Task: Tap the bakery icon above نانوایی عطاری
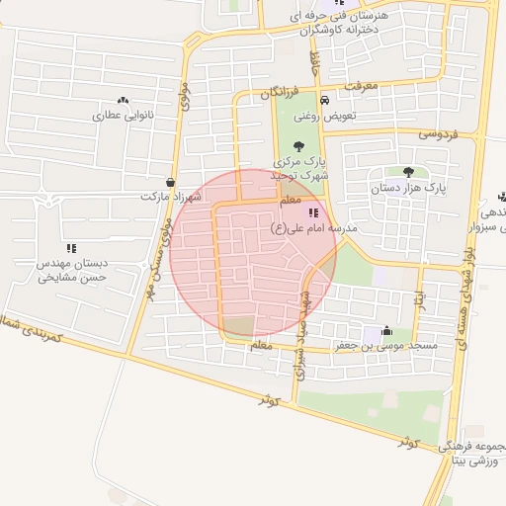123,100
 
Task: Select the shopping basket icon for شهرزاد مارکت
172,181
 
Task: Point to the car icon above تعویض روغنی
325,99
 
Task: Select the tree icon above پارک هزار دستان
408,171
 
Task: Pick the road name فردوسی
441,132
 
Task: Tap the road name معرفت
361,87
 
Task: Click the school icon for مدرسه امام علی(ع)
313,211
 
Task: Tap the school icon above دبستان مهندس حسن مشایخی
71,248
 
